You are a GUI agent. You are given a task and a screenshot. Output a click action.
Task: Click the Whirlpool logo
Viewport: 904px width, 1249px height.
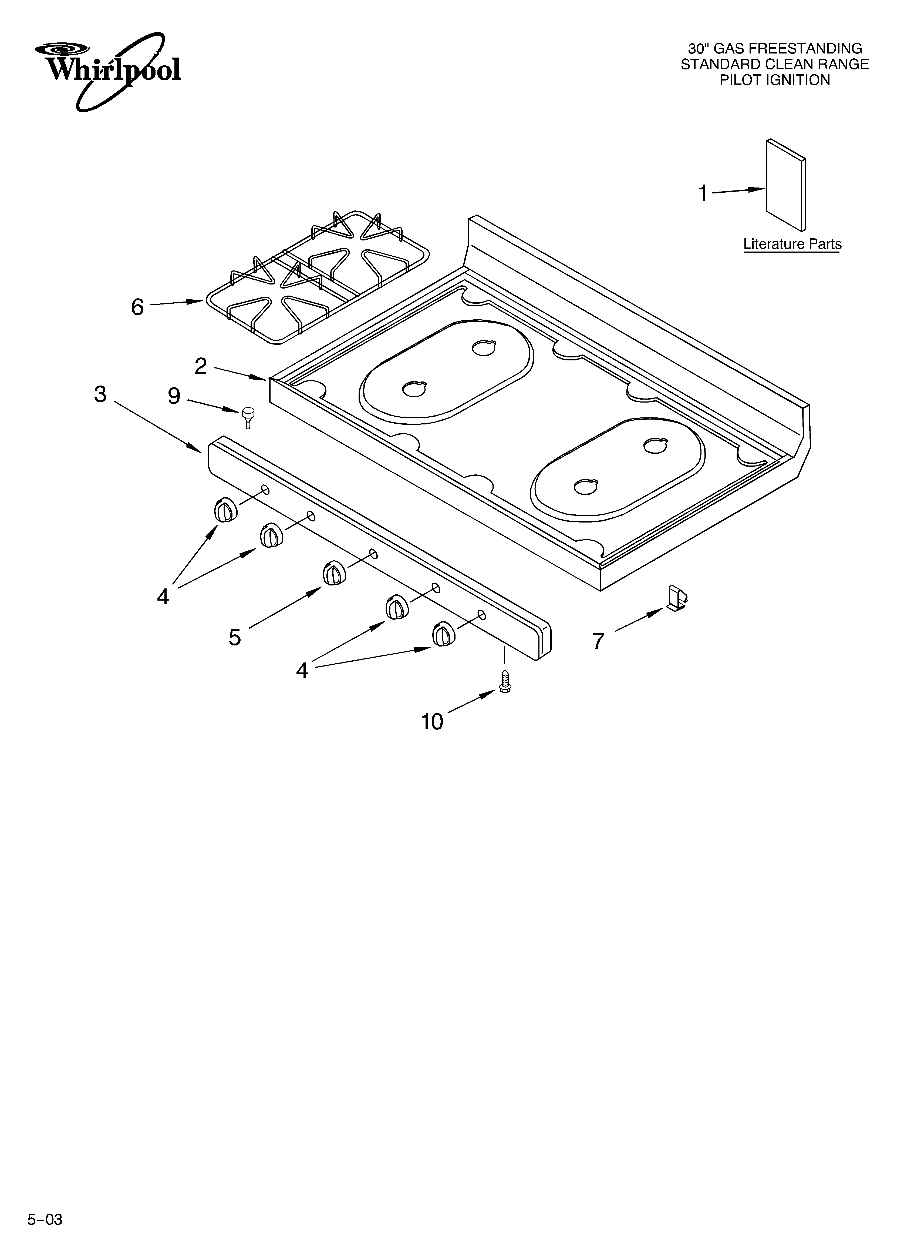pyautogui.click(x=108, y=69)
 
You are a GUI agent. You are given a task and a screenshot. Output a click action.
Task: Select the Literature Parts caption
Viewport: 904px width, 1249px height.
pyautogui.click(x=792, y=244)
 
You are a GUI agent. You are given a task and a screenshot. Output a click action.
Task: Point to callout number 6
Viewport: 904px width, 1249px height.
pyautogui.click(x=137, y=307)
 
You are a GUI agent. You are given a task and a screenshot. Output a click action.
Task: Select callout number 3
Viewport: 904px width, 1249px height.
pyautogui.click(x=100, y=394)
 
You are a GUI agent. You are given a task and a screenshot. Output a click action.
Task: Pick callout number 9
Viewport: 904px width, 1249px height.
pyautogui.click(x=174, y=396)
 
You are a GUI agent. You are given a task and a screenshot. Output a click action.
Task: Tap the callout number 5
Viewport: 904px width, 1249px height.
pyautogui.click(x=235, y=637)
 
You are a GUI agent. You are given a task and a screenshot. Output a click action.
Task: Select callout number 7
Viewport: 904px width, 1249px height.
pyautogui.click(x=598, y=641)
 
